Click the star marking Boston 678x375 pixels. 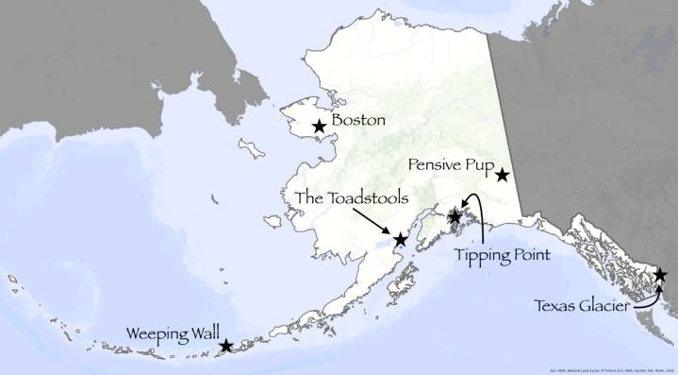click(320, 125)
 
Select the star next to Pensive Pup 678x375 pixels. click(503, 175)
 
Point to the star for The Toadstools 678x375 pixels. click(400, 240)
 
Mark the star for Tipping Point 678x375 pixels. click(455, 217)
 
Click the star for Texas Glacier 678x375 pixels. click(660, 275)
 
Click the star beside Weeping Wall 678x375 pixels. click(226, 346)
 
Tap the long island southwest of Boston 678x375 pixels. click(251, 149)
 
